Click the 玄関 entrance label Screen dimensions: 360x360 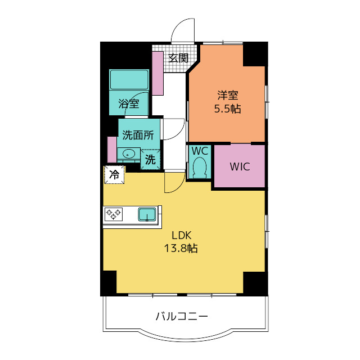coord(178,58)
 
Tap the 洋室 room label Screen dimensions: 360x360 coord(228,95)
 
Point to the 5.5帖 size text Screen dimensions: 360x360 coord(227,109)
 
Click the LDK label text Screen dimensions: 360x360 coord(181,235)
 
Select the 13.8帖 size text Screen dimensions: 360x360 coord(181,248)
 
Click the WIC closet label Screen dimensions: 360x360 coord(240,166)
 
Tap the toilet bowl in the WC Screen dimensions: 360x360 coord(200,167)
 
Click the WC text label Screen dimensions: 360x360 coord(200,151)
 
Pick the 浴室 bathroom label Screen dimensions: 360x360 coord(129,103)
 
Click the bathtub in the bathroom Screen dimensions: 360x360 coord(129,79)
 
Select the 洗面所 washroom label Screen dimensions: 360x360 coord(138,135)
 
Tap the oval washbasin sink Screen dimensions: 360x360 coord(128,154)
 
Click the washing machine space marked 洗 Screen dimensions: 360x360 coord(150,159)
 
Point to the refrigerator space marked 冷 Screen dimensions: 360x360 coord(114,175)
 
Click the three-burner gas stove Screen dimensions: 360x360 coord(114,214)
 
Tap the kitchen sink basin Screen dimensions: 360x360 coord(147,214)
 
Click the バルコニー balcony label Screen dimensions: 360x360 coord(182,316)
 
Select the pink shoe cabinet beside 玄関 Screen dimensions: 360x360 coord(157,73)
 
